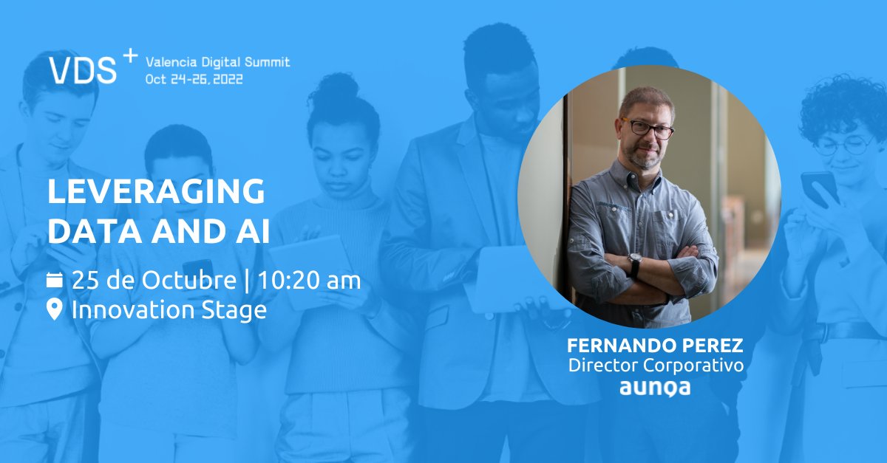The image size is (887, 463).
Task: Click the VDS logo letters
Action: pyautogui.click(x=83, y=69)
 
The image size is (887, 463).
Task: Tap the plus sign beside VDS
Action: pyautogui.click(x=129, y=55)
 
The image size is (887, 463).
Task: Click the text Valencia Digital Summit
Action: pyautogui.click(x=217, y=61)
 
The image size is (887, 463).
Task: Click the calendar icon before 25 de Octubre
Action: pyautogui.click(x=55, y=280)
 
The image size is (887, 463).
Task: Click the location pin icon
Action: pyautogui.click(x=55, y=309)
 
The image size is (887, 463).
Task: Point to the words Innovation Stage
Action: pyautogui.click(x=169, y=309)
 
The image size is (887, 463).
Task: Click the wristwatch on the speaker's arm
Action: pyautogui.click(x=634, y=263)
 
